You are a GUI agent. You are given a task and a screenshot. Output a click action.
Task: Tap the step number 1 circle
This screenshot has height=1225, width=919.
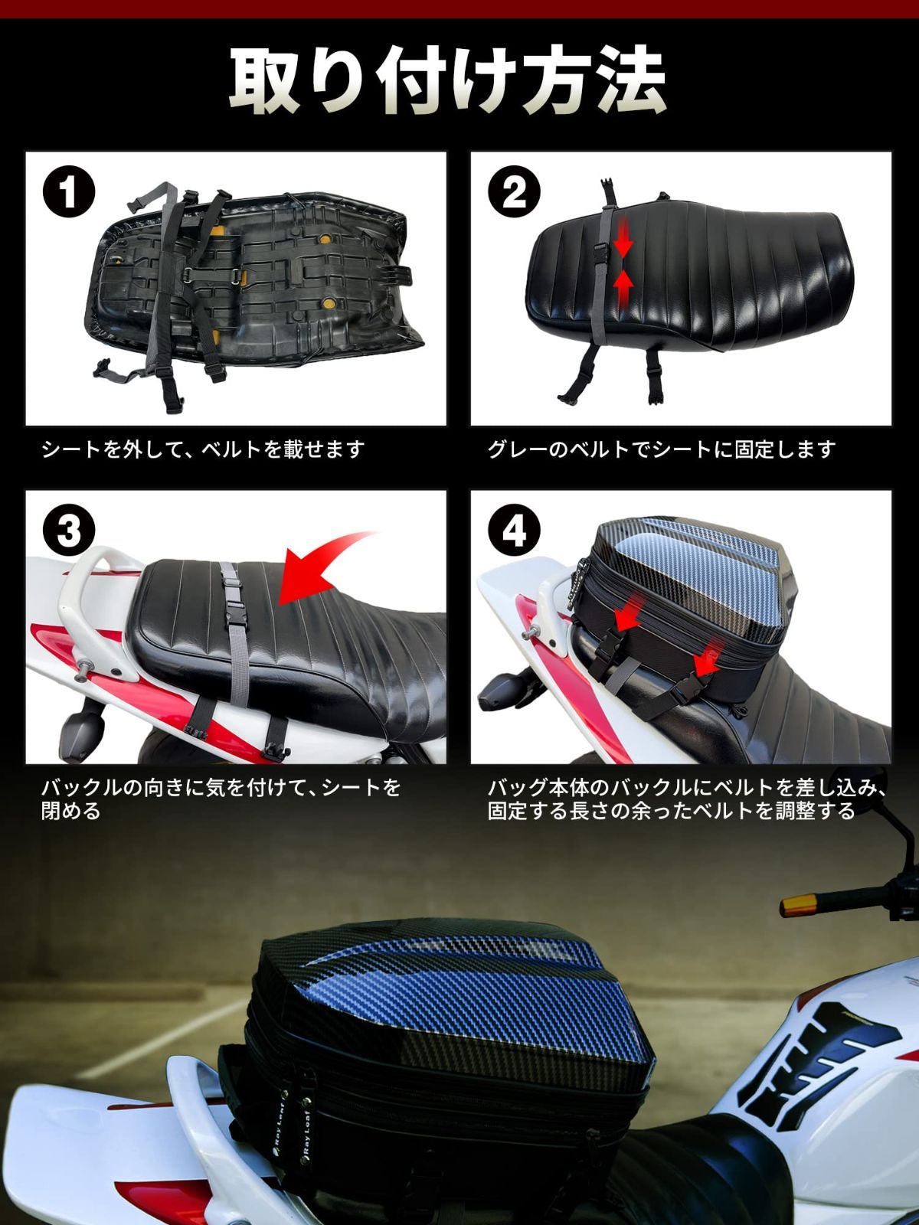(69, 193)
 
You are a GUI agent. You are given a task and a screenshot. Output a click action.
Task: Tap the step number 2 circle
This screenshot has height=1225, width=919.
(515, 193)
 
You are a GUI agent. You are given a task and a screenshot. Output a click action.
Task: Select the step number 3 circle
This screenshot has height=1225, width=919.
(69, 531)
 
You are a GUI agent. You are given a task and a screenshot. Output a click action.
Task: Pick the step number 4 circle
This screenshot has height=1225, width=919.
(515, 531)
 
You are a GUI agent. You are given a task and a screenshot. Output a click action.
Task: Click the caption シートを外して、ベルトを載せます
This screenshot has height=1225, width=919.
(203, 449)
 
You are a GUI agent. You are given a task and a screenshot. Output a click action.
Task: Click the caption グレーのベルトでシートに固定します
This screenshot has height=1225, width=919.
(660, 449)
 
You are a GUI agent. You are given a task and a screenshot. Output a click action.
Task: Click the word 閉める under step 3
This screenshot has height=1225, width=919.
(70, 811)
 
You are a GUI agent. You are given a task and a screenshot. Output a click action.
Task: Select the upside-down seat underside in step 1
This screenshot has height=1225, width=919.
(253, 283)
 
